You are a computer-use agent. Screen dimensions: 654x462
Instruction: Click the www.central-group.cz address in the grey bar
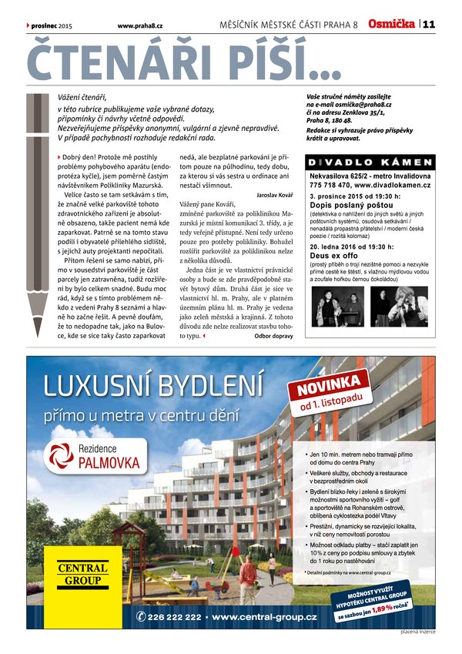coord(265,617)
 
